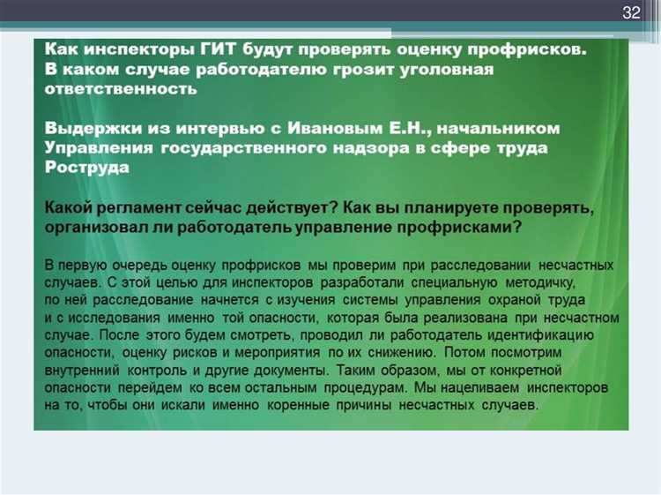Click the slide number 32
[631, 12]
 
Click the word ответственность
[121, 88]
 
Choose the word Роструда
[87, 168]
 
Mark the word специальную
[454, 282]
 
